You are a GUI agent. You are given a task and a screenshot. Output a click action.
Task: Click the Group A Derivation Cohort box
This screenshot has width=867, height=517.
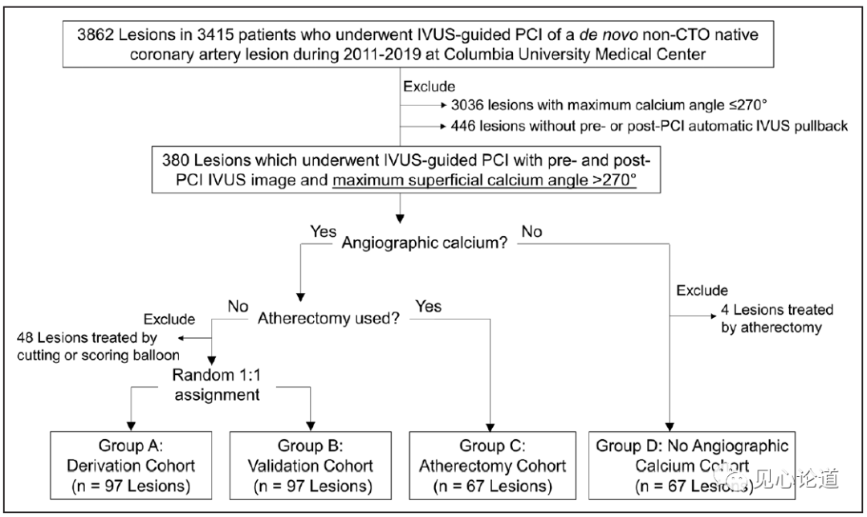click(131, 466)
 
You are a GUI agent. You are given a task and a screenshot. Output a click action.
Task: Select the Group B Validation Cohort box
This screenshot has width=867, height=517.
click(310, 466)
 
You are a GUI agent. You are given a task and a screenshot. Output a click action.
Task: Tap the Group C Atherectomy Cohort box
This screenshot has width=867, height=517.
click(492, 466)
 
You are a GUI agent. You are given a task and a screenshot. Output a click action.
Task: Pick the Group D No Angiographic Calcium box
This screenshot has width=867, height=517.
click(692, 466)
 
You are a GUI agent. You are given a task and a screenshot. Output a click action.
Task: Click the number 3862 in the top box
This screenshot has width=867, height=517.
click(95, 35)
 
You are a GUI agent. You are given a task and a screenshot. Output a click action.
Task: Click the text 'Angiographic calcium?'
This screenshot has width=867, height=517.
click(424, 242)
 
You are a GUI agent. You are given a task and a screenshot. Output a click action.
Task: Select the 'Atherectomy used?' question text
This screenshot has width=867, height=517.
click(328, 319)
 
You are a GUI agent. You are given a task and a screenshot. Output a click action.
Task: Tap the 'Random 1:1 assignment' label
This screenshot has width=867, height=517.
click(217, 385)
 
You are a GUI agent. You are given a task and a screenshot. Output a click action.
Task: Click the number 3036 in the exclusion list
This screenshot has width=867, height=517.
click(467, 105)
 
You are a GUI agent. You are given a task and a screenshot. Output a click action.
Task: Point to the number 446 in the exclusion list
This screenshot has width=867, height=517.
click(463, 126)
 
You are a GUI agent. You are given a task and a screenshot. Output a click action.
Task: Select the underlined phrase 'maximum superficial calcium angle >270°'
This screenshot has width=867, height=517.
click(484, 181)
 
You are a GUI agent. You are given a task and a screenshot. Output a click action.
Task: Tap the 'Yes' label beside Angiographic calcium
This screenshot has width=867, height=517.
click(323, 231)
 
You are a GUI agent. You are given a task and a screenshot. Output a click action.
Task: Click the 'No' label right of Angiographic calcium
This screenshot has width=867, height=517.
click(532, 231)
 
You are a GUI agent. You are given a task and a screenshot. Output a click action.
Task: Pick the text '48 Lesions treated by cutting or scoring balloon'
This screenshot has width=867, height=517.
click(98, 346)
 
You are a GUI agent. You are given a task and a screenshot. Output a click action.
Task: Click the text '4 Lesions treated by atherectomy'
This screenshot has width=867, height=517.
click(777, 319)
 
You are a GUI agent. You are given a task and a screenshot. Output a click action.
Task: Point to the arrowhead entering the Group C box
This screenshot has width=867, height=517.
click(490, 427)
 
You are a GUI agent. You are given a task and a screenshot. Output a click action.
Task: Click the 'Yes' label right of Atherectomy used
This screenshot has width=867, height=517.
click(429, 307)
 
